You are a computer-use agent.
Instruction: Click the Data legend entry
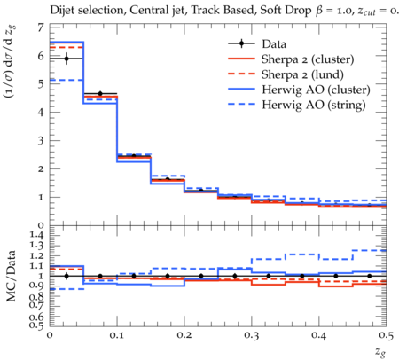pos(274,44)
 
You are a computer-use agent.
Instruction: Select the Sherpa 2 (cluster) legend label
pos(308,59)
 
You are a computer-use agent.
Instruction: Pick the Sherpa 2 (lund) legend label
pos(302,74)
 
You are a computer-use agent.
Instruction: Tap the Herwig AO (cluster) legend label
pos(316,90)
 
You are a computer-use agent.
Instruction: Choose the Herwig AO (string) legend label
pos(314,105)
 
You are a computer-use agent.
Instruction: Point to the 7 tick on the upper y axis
pos(41,27)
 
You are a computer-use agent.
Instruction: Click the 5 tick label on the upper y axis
pos(41,83)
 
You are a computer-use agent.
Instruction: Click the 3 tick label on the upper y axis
pos(41,140)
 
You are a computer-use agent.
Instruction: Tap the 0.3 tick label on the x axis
pos(252,335)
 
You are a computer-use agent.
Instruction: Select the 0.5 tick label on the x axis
pos(386,335)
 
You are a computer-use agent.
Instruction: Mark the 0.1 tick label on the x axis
pos(117,335)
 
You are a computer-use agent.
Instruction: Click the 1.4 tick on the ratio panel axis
pos(36,235)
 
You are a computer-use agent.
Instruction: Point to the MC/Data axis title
pos(11,276)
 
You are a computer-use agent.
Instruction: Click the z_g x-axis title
pos(380,351)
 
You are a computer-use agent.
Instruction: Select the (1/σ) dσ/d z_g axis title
pos(10,62)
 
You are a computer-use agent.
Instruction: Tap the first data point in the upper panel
pos(66,59)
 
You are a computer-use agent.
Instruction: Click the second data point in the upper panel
pos(100,93)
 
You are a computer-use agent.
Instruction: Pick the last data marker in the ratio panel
pos(370,276)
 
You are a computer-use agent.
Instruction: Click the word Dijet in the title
pos(62,11)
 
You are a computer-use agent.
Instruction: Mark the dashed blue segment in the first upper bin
pos(66,80)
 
